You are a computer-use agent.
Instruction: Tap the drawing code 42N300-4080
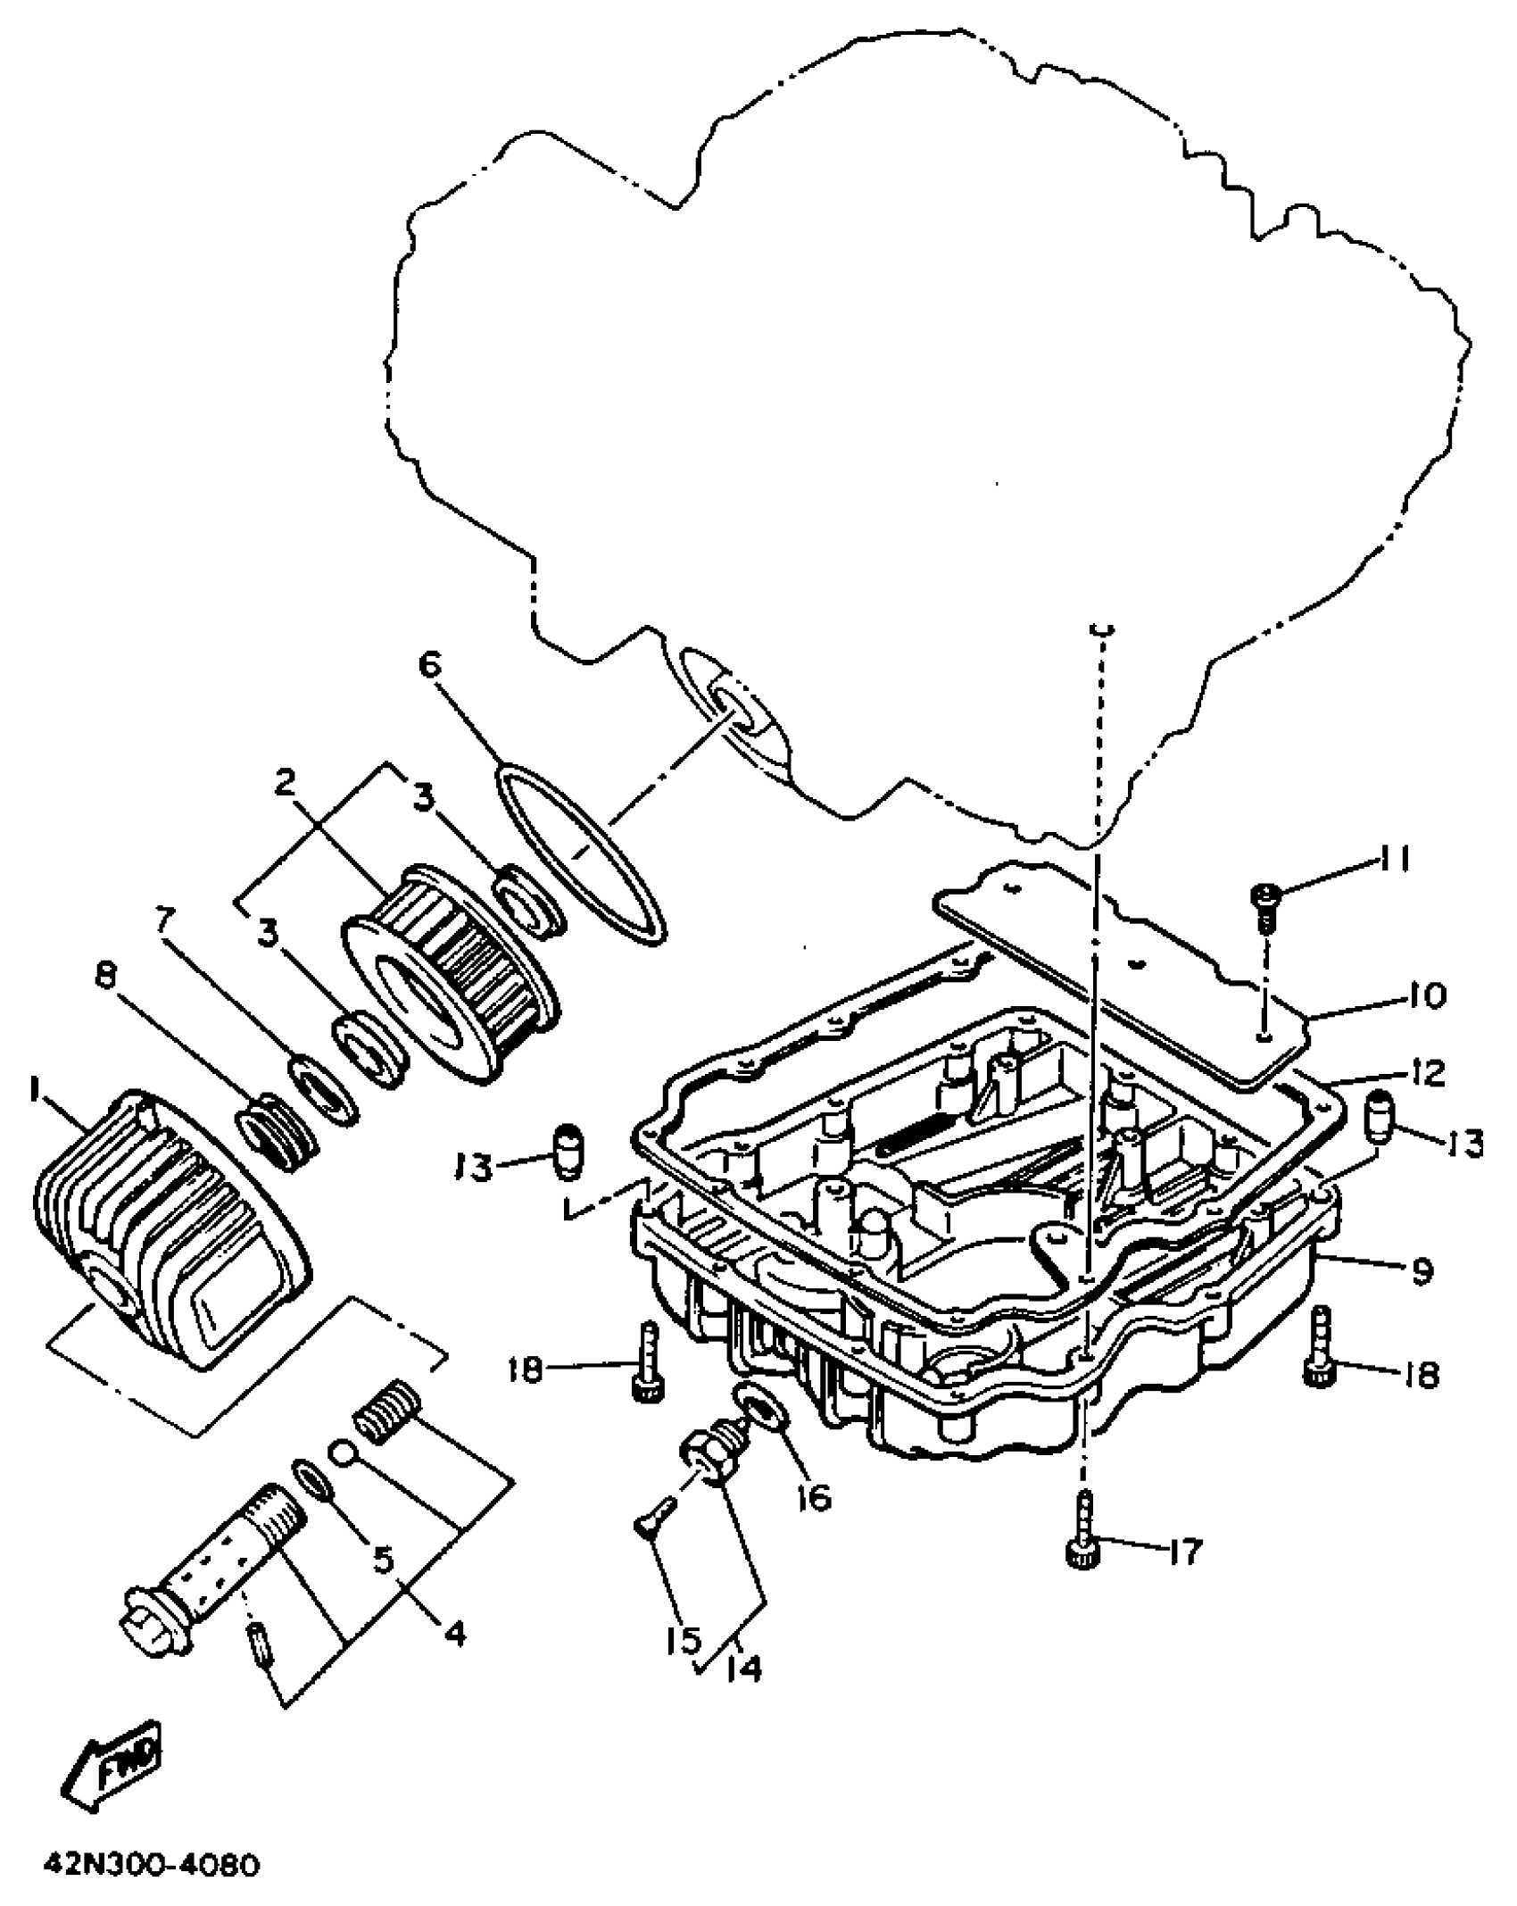[152, 1867]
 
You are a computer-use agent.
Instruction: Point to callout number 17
[1189, 1552]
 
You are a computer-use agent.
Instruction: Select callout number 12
[1428, 1073]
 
